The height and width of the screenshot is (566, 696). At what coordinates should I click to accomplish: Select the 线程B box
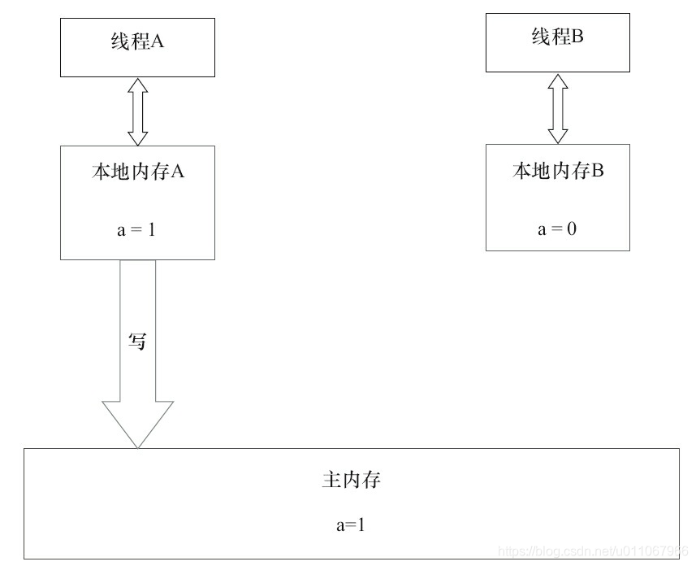pyautogui.click(x=557, y=41)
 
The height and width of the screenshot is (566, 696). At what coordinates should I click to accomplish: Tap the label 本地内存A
pyautogui.click(x=137, y=172)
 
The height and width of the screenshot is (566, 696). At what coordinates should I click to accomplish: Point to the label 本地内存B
pyautogui.click(x=557, y=171)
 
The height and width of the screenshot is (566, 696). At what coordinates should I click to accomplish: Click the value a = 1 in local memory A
pyautogui.click(x=136, y=229)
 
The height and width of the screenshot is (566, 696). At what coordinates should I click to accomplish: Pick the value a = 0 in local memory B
pyautogui.click(x=557, y=229)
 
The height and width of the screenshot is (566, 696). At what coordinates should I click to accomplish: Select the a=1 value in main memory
pyautogui.click(x=351, y=525)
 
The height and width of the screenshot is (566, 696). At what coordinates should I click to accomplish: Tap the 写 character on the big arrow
pyautogui.click(x=137, y=342)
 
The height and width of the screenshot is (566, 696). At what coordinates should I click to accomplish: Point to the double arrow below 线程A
pyautogui.click(x=137, y=111)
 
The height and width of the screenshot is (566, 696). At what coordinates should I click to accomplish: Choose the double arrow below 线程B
pyautogui.click(x=557, y=108)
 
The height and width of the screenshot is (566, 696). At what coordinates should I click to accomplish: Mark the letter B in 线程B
pyautogui.click(x=578, y=37)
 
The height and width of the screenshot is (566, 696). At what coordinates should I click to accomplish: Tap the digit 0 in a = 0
pyautogui.click(x=572, y=229)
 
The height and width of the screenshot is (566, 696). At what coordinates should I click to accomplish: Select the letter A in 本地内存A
pyautogui.click(x=180, y=172)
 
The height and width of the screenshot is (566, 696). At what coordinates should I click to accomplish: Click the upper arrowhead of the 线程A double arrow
pyautogui.click(x=137, y=85)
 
